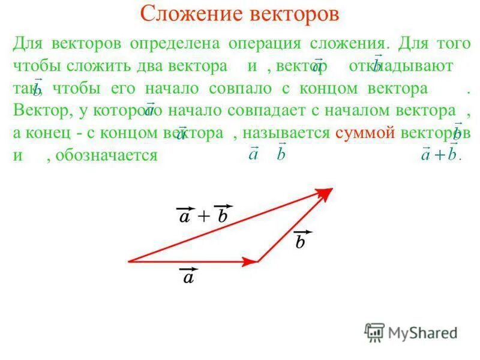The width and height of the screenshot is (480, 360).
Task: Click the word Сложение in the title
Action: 184,14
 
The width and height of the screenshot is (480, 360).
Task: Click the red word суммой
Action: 365,133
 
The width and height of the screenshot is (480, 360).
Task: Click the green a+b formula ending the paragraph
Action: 440,154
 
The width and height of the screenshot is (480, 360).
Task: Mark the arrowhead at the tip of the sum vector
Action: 326,192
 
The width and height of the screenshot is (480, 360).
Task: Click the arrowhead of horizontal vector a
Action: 251,262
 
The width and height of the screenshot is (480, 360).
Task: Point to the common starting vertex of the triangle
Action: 130,262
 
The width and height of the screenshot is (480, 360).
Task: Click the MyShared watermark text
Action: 422,332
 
